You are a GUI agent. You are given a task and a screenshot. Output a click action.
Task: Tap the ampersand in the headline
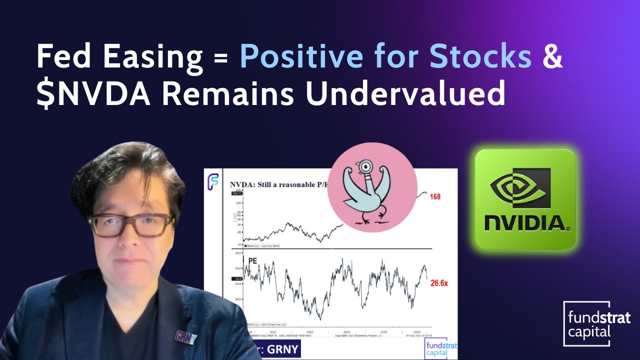[552, 57]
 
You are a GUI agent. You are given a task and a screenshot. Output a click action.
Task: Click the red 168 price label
[435, 196]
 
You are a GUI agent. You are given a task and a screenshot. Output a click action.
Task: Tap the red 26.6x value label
[439, 283]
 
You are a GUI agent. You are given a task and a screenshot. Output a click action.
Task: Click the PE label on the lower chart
[252, 260]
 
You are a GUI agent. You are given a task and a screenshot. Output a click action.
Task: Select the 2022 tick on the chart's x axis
[310, 331]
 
